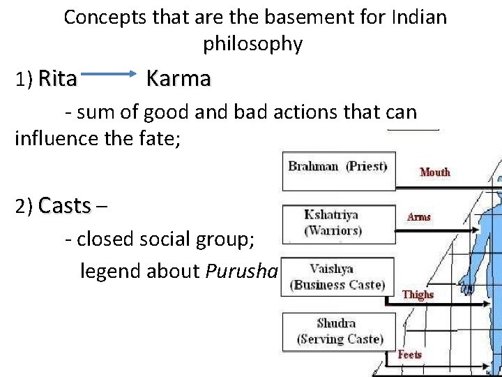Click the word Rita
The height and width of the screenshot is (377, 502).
pyautogui.click(x=57, y=80)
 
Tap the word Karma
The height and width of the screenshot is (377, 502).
pyautogui.click(x=178, y=79)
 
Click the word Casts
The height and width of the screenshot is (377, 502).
pyautogui.click(x=65, y=206)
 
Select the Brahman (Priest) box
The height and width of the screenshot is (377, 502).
pyautogui.click(x=338, y=171)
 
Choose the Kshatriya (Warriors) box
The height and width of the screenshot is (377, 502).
pyautogui.click(x=338, y=223)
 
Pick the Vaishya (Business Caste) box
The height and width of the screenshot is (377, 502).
pyautogui.click(x=338, y=276)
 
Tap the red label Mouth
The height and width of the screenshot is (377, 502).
pyautogui.click(x=435, y=172)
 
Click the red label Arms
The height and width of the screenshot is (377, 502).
pyautogui.click(x=418, y=217)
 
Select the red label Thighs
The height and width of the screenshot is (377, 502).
pyautogui.click(x=418, y=295)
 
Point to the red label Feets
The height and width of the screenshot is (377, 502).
pyautogui.click(x=409, y=355)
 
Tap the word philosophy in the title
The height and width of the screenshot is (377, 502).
pyautogui.click(x=252, y=45)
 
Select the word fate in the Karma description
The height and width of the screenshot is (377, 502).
pyautogui.click(x=157, y=138)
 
